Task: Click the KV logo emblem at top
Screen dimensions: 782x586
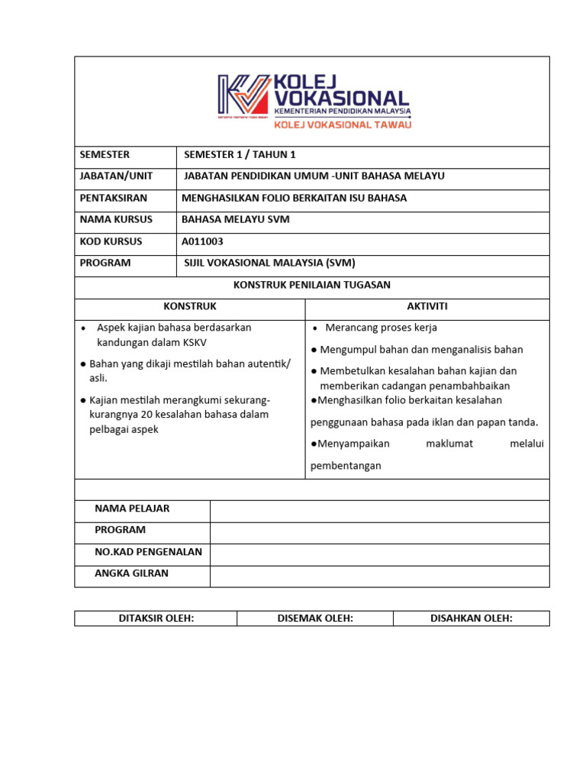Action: tap(243, 97)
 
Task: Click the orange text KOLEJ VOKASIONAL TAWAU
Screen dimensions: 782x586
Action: tap(342, 124)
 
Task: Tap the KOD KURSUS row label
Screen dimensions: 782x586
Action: tap(111, 241)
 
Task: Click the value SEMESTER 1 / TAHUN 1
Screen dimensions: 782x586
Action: tap(240, 154)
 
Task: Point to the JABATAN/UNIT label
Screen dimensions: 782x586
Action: tap(116, 176)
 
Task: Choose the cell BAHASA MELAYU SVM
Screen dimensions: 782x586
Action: tap(235, 219)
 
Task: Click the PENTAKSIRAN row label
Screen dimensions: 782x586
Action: tap(114, 198)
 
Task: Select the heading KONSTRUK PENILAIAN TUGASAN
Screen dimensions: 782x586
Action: tap(311, 285)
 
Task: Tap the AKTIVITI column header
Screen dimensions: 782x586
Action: tap(427, 306)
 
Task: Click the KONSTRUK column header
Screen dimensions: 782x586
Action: tap(190, 306)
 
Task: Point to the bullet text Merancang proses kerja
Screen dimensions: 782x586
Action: tap(381, 328)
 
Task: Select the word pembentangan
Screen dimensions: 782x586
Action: tap(346, 465)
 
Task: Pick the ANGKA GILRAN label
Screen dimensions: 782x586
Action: tap(131, 574)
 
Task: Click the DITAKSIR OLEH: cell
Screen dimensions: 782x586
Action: tap(156, 619)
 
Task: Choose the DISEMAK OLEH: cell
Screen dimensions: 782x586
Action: tap(315, 619)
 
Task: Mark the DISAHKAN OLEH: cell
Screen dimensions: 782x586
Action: tap(471, 619)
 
